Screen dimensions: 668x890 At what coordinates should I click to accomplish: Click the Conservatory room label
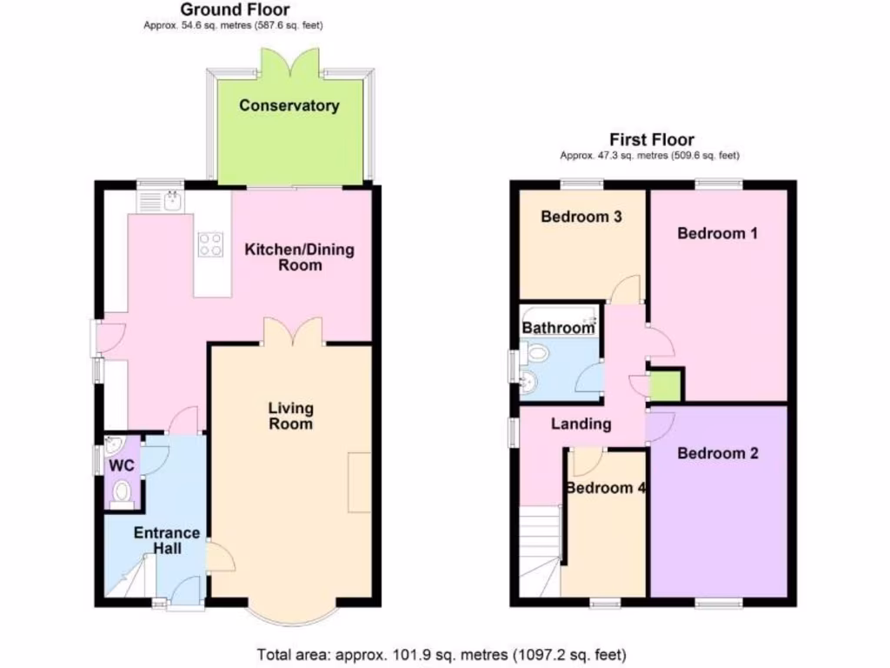[x=289, y=106]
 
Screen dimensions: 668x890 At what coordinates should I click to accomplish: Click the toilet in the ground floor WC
[x=123, y=492]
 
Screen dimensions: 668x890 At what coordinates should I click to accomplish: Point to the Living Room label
[x=290, y=416]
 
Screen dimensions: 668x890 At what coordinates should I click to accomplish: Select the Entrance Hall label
[x=167, y=540]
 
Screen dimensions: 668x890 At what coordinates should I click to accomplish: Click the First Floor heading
[x=651, y=139]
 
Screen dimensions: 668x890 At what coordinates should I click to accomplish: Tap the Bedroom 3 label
[x=581, y=217]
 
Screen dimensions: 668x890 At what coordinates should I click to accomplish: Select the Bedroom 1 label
[x=711, y=233]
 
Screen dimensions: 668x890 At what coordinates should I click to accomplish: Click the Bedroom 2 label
[x=718, y=453]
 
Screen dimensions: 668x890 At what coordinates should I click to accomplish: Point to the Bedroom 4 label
[x=605, y=488]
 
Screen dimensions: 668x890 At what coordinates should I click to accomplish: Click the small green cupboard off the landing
[x=667, y=385]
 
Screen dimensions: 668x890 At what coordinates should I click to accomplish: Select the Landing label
[x=581, y=424]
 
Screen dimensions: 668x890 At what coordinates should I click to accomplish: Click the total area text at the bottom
[x=441, y=653]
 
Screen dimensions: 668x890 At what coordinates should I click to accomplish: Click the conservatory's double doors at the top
[x=289, y=65]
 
